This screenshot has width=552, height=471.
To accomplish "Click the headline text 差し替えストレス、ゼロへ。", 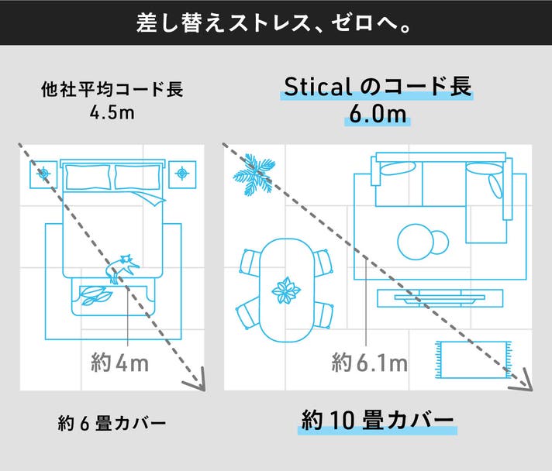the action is [x=274, y=23].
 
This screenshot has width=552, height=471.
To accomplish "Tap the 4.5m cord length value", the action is [x=112, y=112].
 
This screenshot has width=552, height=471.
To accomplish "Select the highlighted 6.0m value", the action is [x=378, y=115].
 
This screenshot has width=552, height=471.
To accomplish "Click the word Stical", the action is [x=318, y=87].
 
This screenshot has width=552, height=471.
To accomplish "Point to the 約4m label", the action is [x=119, y=363].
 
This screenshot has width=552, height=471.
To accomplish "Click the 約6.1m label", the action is [x=369, y=363].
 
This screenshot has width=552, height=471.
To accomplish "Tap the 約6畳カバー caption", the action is [x=112, y=423].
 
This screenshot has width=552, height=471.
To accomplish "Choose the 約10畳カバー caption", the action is [x=378, y=420].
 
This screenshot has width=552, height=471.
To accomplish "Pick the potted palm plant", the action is [x=254, y=174].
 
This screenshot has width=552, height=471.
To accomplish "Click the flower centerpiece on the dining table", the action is [x=286, y=291].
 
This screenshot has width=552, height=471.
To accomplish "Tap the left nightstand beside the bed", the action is [x=43, y=174].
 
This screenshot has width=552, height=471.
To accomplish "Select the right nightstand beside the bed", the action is [x=182, y=174].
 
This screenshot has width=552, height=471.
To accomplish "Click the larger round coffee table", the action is [x=416, y=242].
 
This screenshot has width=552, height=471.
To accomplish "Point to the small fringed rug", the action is [x=473, y=359].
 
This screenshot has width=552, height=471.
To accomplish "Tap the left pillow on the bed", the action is [x=88, y=177].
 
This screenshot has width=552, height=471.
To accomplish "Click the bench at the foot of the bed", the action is [x=114, y=296].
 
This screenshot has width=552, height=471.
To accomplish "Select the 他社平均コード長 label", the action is [x=112, y=89].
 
